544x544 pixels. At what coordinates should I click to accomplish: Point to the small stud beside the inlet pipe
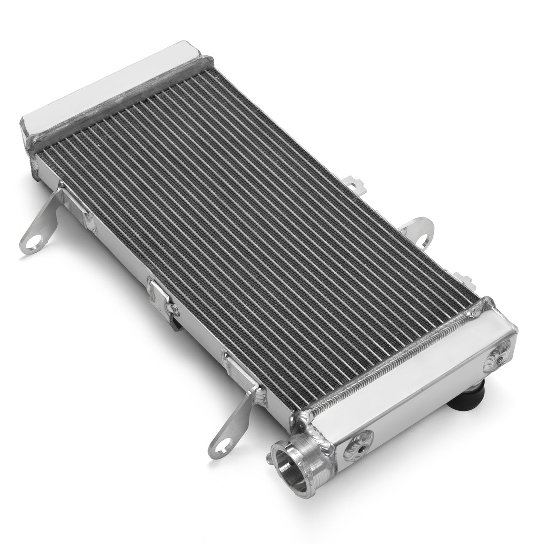tap(268, 457)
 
